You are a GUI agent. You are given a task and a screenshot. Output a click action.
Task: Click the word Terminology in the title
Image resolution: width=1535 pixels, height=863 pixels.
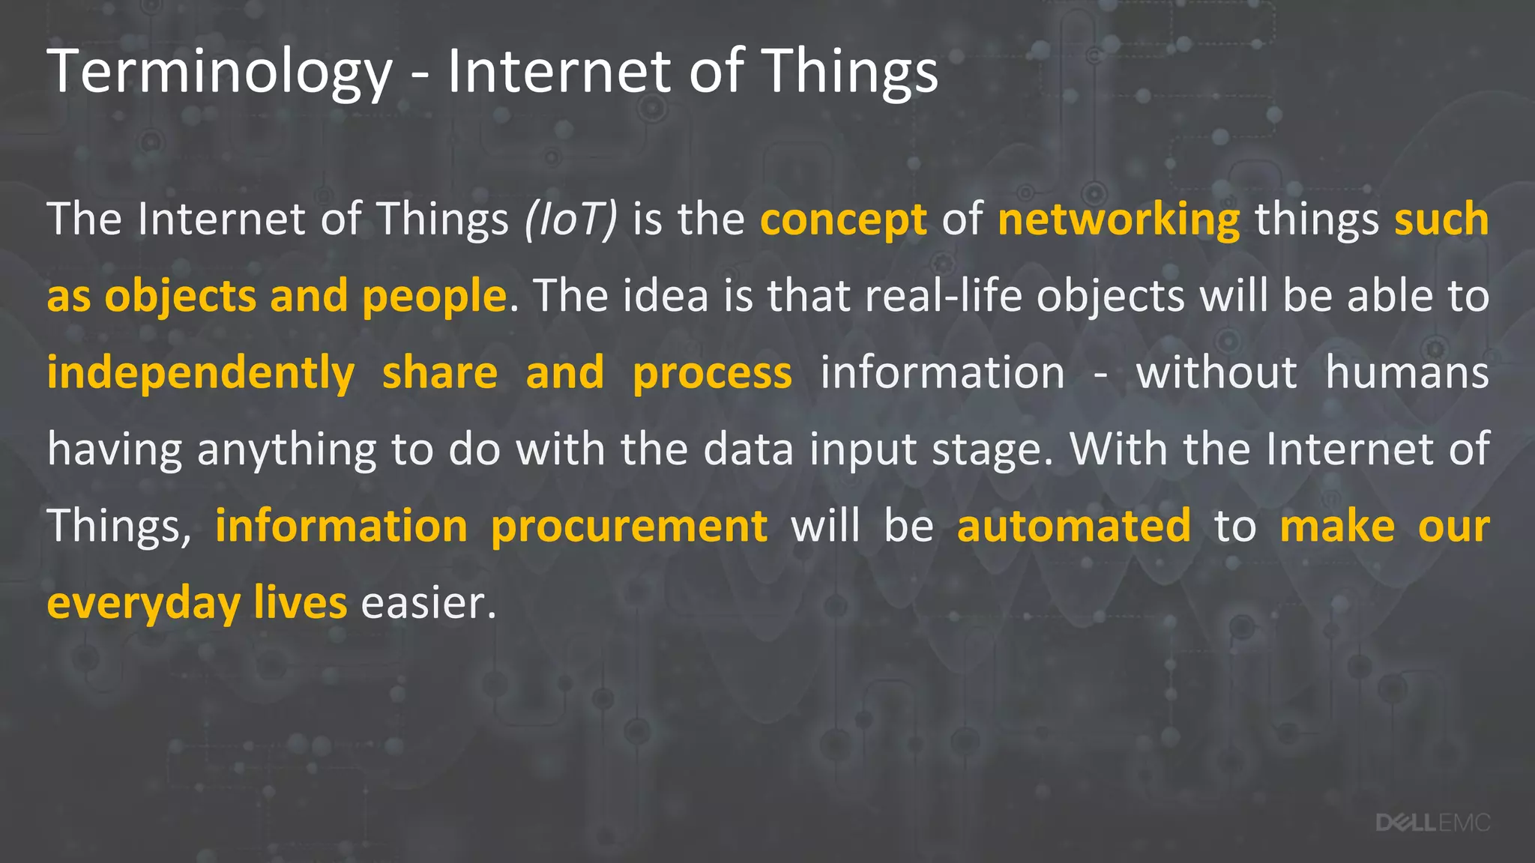(x=220, y=72)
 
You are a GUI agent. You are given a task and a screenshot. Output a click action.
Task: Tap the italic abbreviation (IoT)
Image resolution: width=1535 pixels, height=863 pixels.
(x=571, y=219)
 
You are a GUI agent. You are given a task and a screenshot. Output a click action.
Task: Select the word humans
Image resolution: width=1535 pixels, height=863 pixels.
(x=1407, y=373)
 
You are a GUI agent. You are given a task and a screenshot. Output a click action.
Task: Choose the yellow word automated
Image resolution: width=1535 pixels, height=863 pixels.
(x=1073, y=526)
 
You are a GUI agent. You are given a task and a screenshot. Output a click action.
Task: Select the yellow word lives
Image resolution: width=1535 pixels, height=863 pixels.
(x=300, y=603)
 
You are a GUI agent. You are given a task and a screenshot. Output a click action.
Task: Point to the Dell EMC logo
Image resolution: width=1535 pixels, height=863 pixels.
(x=1432, y=823)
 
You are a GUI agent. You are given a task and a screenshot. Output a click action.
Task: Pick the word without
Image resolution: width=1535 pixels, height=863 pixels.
(x=1216, y=373)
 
